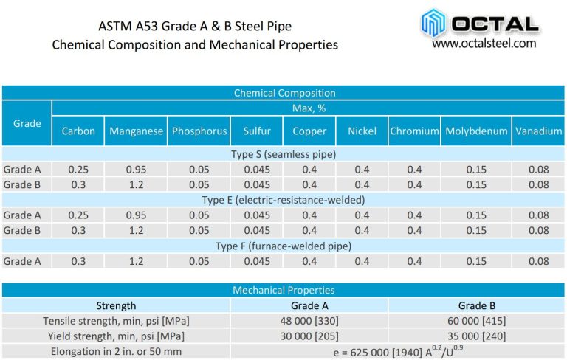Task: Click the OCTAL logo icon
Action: (x=435, y=22)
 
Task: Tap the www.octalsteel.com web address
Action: (x=484, y=44)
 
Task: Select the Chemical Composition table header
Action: (x=284, y=93)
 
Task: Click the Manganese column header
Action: (x=136, y=131)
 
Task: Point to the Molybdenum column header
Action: (x=476, y=131)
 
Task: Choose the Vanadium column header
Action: (x=539, y=131)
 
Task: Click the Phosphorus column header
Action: (x=199, y=131)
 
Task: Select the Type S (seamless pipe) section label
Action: (x=284, y=154)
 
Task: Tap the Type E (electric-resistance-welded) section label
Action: (x=284, y=200)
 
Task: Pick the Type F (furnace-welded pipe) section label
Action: (x=284, y=246)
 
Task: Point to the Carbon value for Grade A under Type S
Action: (x=78, y=170)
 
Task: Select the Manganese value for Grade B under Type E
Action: (x=136, y=230)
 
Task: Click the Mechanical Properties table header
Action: (x=284, y=290)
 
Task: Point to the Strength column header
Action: (x=117, y=305)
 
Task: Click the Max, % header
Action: (x=309, y=108)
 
